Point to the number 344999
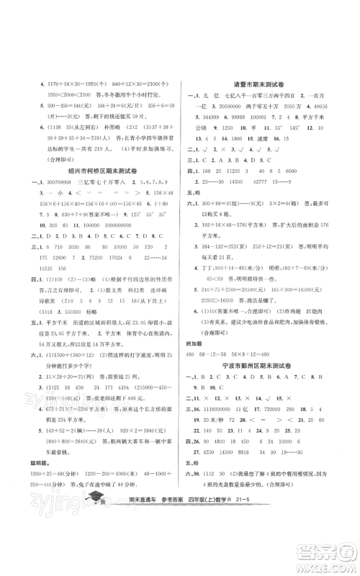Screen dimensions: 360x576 click(212, 117)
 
